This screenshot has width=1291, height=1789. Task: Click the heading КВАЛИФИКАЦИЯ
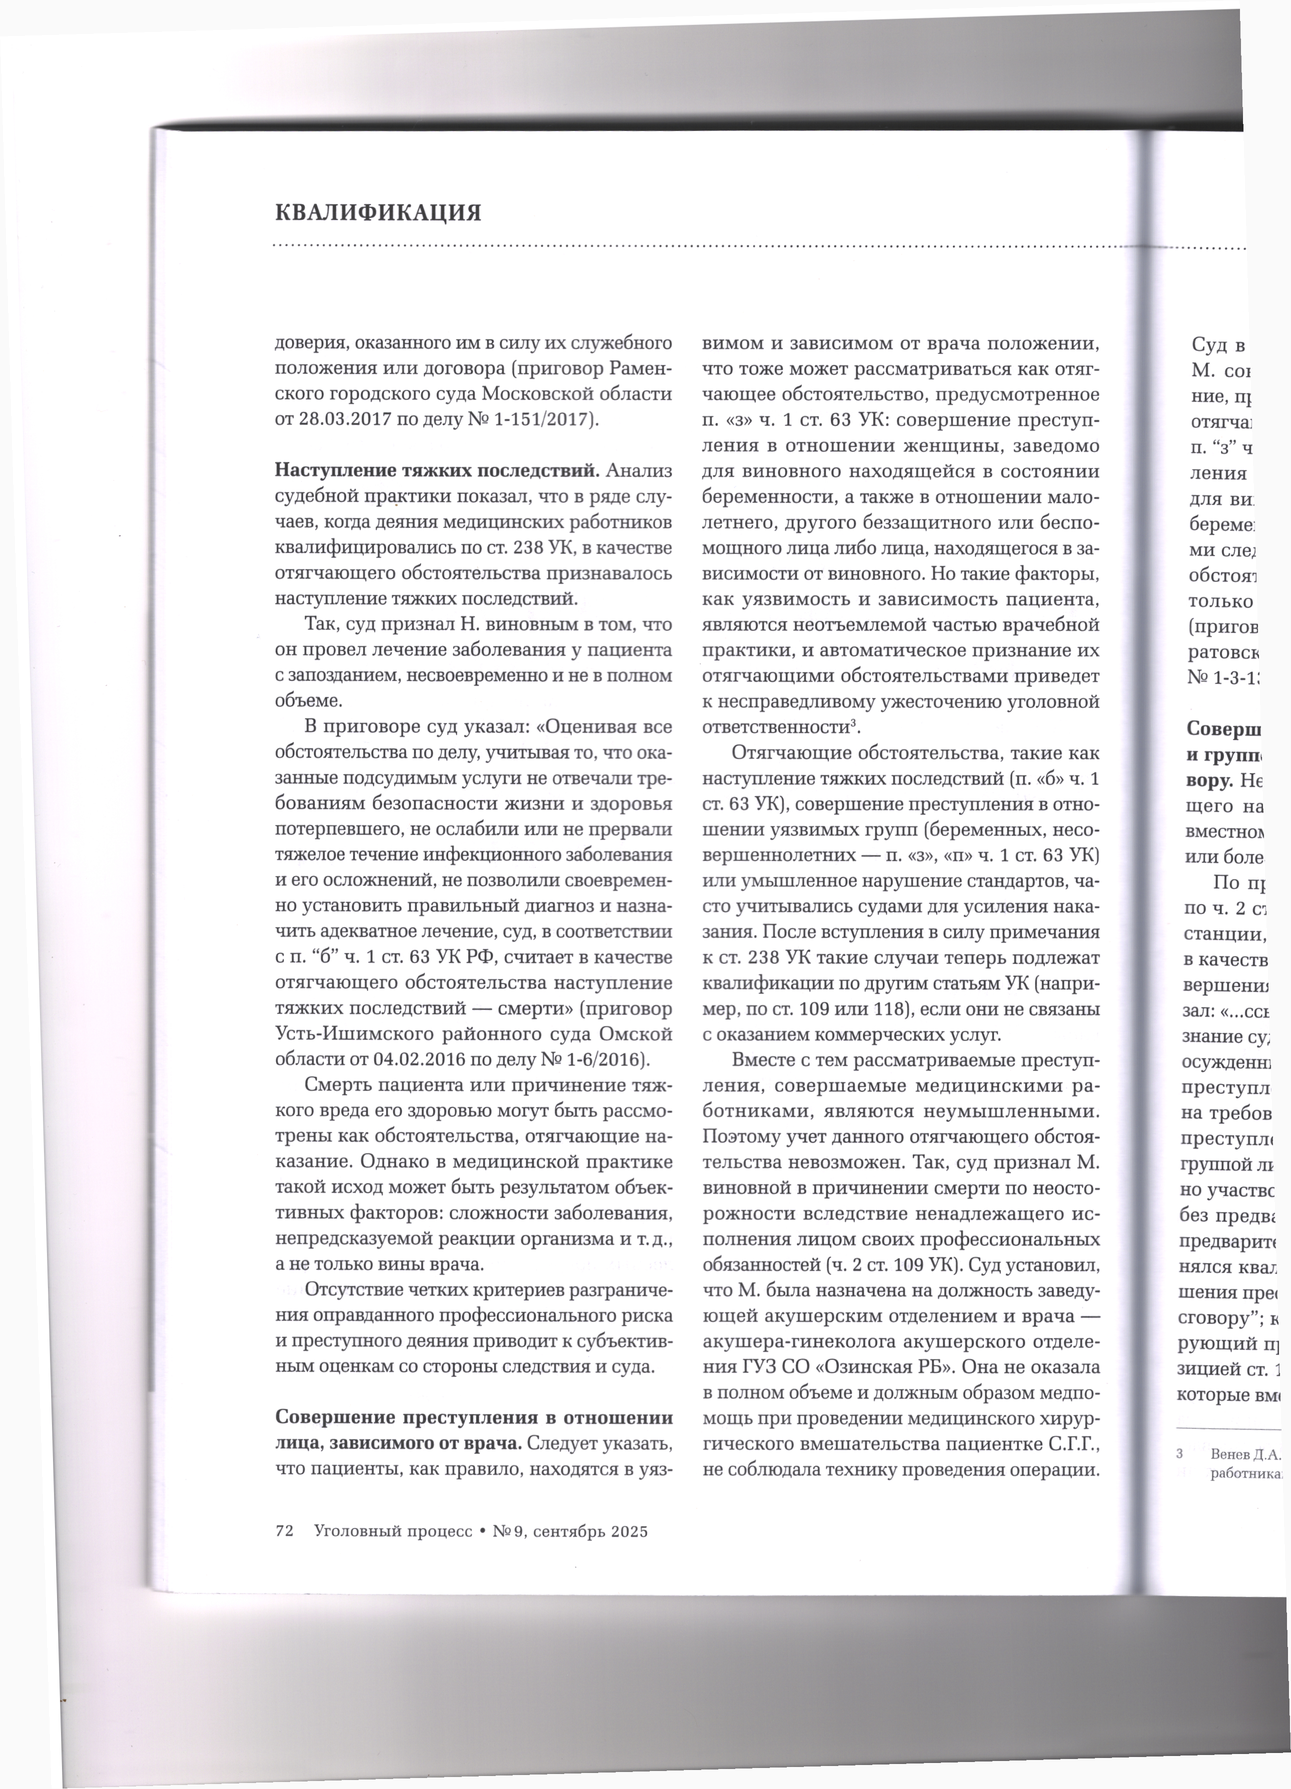[x=378, y=213]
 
